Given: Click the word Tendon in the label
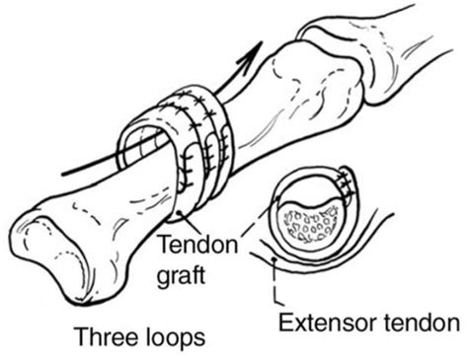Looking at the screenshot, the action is coord(197,245).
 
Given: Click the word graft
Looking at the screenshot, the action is coord(182,275).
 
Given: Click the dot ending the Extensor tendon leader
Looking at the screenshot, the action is coord(274,259).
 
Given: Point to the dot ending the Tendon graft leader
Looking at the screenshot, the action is coord(179,213).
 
